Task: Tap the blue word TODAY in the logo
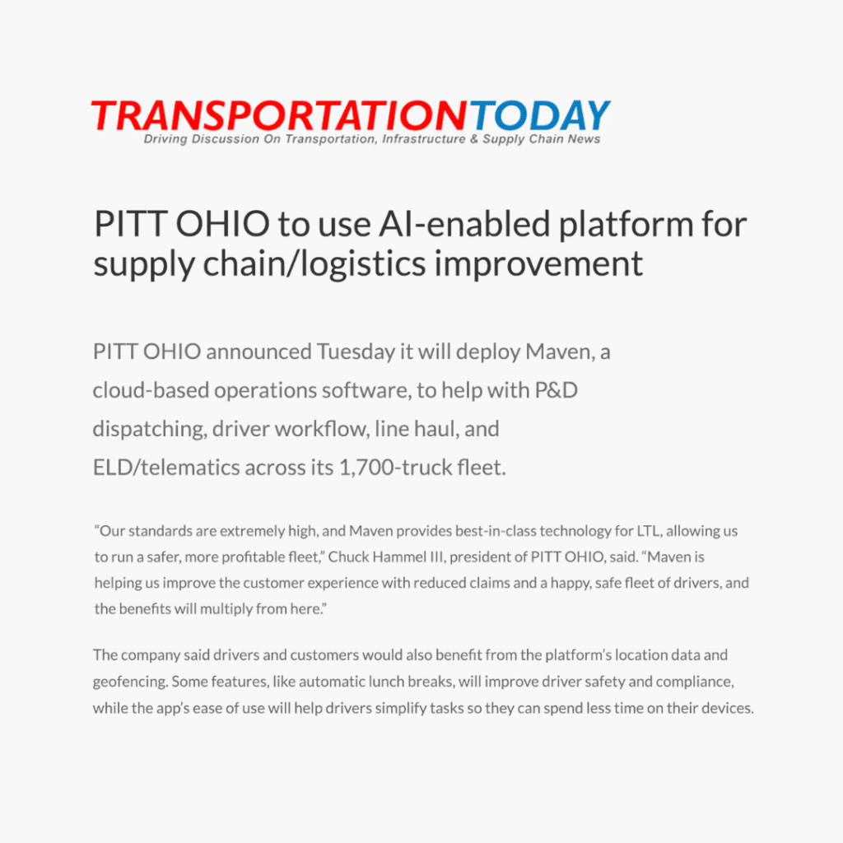(x=540, y=115)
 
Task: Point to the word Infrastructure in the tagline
(x=424, y=139)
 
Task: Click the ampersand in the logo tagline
(x=473, y=139)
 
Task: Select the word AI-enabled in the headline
(x=464, y=224)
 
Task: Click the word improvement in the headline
(x=538, y=264)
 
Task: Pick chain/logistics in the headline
(x=314, y=264)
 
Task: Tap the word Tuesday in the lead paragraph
(x=356, y=352)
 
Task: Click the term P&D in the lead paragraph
(x=556, y=390)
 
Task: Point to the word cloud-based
(x=151, y=390)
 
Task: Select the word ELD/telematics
(x=166, y=468)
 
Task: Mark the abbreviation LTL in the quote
(x=650, y=531)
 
